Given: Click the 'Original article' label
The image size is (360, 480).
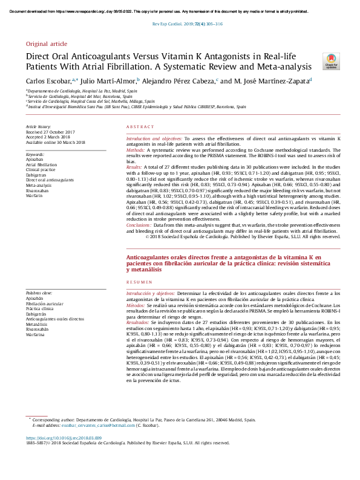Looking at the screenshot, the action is coord(46,45).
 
